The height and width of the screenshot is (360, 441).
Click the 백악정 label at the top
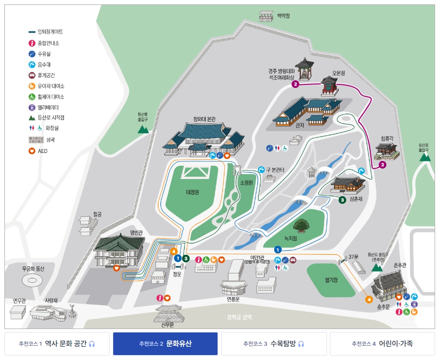pyautogui.click(x=283, y=16)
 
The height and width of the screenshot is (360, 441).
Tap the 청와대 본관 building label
pyautogui.click(x=204, y=119)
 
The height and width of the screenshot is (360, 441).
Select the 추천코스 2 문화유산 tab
pyautogui.click(x=165, y=344)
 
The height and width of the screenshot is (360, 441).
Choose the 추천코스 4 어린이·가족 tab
pyautogui.click(x=382, y=344)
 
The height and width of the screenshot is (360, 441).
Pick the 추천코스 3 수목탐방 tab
pyautogui.click(x=274, y=344)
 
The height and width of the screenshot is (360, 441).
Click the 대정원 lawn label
pyautogui.click(x=192, y=192)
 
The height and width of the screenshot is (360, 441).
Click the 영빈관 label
pyautogui.click(x=136, y=233)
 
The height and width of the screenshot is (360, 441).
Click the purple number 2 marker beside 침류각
pyautogui.click(x=382, y=165)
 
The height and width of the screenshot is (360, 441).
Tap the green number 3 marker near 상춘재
pyautogui.click(x=342, y=200)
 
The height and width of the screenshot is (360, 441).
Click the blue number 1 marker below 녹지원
pyautogui.click(x=278, y=249)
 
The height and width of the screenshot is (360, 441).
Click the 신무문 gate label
pyautogui.click(x=167, y=324)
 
